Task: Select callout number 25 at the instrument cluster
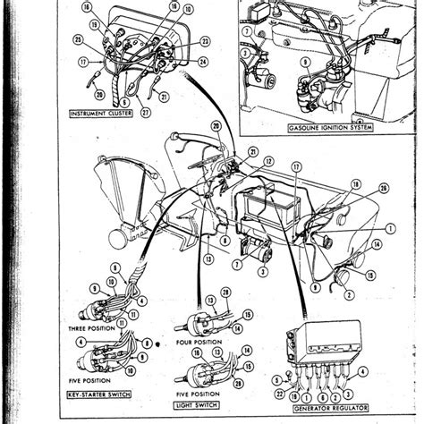[x=79, y=41]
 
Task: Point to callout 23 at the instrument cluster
[x=205, y=41]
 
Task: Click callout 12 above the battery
[x=268, y=160]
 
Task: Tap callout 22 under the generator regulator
[x=281, y=394]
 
